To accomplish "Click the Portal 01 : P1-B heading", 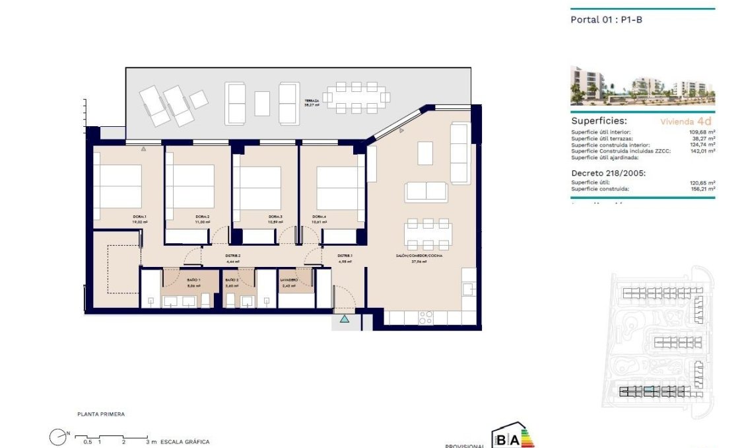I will [605, 20].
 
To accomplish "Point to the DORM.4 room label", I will [320, 217].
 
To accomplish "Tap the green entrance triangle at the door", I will [344, 320].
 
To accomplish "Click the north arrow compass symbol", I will [58, 436].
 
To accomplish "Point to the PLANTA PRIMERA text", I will [100, 414].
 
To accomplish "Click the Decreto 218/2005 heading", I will [607, 173].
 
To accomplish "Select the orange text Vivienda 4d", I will [687, 122].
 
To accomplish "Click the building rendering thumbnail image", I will [642, 86].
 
